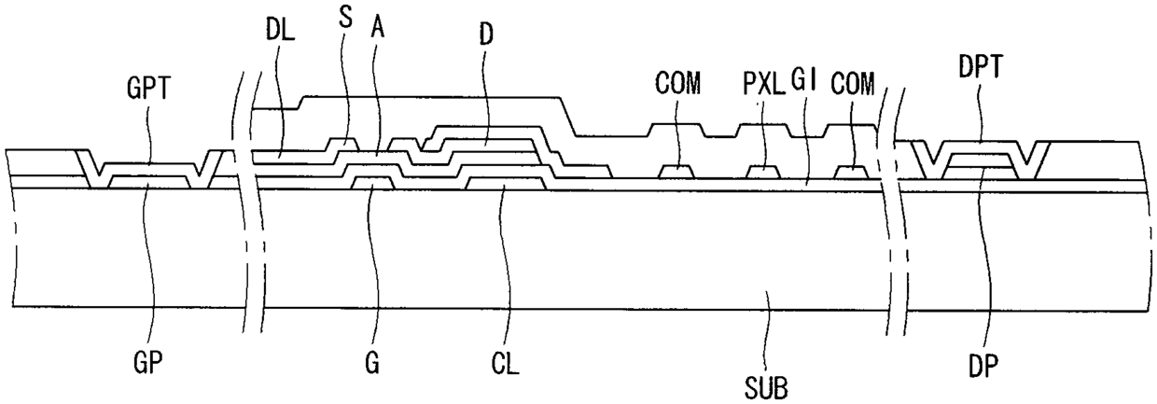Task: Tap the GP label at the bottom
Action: (147, 364)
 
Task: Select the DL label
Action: (280, 32)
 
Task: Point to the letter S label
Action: (345, 18)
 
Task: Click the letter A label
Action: (378, 29)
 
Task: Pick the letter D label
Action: (486, 34)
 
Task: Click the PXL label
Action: (764, 84)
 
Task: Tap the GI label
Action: (804, 80)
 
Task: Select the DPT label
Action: (981, 67)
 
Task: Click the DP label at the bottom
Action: (983, 367)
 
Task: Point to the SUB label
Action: (766, 387)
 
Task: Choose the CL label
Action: (505, 364)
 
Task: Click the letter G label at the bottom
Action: (372, 364)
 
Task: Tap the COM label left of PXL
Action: (677, 83)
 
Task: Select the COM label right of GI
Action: (853, 84)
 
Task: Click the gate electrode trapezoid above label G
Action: (372, 183)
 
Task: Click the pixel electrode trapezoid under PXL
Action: (764, 172)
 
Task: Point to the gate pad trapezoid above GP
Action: (148, 182)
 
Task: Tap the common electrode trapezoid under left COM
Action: (676, 172)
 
